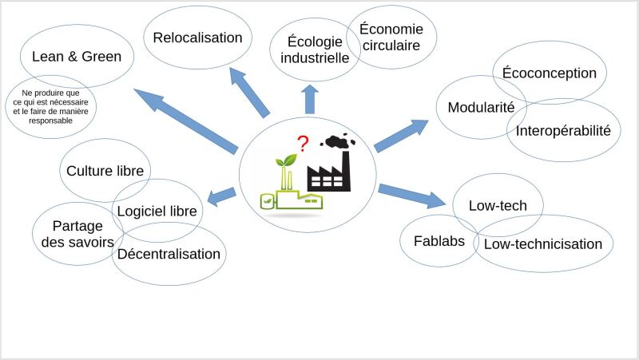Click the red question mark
coord(303,144)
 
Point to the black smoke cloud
coord(338,141)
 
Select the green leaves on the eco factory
coord(287,160)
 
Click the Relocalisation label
coord(197,38)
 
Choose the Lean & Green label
coord(77,56)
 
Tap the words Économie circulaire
coord(391,37)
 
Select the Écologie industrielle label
coord(315,49)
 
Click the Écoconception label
coord(550,73)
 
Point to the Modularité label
coord(482,107)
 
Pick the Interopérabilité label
coord(563,131)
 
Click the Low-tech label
coord(498,205)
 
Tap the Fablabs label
coord(439,241)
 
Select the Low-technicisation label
coord(543,244)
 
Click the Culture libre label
coord(105,171)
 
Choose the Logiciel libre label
coord(157,211)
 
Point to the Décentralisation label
coord(169,254)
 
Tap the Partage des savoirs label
coord(77,234)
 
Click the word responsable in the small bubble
coord(50,121)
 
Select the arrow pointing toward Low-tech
coord(412,196)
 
